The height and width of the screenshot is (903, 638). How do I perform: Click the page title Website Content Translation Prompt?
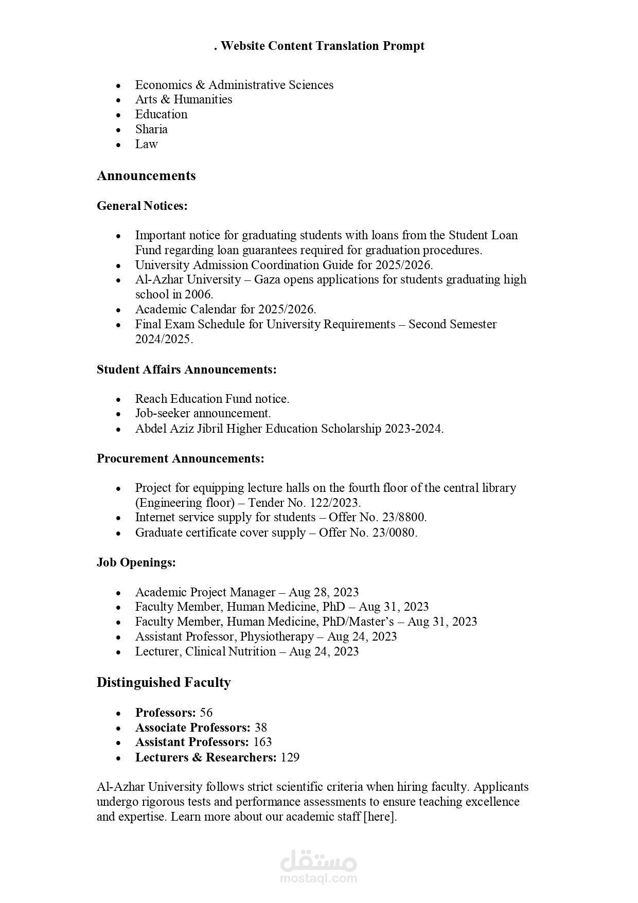pos(319,46)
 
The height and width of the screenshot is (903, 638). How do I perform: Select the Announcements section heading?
pos(146,175)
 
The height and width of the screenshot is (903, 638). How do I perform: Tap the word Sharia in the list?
pos(151,129)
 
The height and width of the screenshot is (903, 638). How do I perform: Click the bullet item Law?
pos(146,144)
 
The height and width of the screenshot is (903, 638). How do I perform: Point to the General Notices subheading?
pos(142,206)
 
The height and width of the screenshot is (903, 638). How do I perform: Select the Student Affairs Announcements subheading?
pos(186,369)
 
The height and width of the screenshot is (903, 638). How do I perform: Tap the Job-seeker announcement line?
pos(203,413)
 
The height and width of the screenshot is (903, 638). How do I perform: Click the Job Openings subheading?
pos(136,562)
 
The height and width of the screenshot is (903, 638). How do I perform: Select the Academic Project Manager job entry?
pos(205,592)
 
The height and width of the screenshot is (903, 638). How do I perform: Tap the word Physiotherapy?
pos(277,636)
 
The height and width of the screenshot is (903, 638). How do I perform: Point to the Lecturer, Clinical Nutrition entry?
pos(205,651)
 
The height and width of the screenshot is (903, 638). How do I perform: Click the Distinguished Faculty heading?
pos(164,682)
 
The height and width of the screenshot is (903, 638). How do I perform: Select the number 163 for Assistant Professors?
pos(262,742)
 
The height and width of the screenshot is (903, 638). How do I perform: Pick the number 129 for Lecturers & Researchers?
pos(290,757)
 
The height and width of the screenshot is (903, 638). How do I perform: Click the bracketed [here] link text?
pos(380,817)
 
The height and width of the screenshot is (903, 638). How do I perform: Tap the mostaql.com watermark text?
pos(318,878)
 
